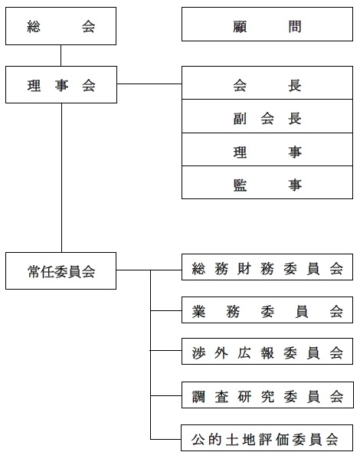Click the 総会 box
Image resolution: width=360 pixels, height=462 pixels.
[x=61, y=26]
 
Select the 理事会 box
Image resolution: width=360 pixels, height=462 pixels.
[x=61, y=85]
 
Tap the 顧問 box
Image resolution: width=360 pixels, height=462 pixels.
[x=267, y=25]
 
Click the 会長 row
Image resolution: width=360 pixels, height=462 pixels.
[x=267, y=83]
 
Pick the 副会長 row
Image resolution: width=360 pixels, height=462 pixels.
[x=267, y=116]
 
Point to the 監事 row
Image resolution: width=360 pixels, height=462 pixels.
[x=267, y=182]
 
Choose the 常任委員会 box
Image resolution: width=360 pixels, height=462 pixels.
[x=61, y=270]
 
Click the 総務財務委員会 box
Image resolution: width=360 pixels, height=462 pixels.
[x=267, y=267]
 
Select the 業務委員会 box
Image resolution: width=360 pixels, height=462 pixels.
[x=267, y=310]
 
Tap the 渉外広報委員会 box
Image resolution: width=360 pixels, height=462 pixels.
[x=267, y=352]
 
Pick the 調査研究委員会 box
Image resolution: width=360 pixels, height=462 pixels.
[x=267, y=395]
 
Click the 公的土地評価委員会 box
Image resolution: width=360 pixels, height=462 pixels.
[x=267, y=437]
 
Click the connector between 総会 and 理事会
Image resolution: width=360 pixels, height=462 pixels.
[x=61, y=55]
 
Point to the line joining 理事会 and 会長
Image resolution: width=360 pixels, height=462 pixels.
[x=149, y=84]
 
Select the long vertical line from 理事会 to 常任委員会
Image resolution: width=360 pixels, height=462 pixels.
[x=61, y=178]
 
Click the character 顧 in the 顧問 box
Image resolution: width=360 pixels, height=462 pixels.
[x=240, y=27]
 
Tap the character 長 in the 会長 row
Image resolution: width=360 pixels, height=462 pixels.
[x=295, y=86]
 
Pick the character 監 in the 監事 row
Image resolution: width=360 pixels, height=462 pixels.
[x=240, y=185]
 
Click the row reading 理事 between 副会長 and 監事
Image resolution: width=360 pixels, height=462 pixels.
[x=267, y=149]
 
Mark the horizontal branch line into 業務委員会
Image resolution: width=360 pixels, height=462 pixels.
[x=166, y=310]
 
